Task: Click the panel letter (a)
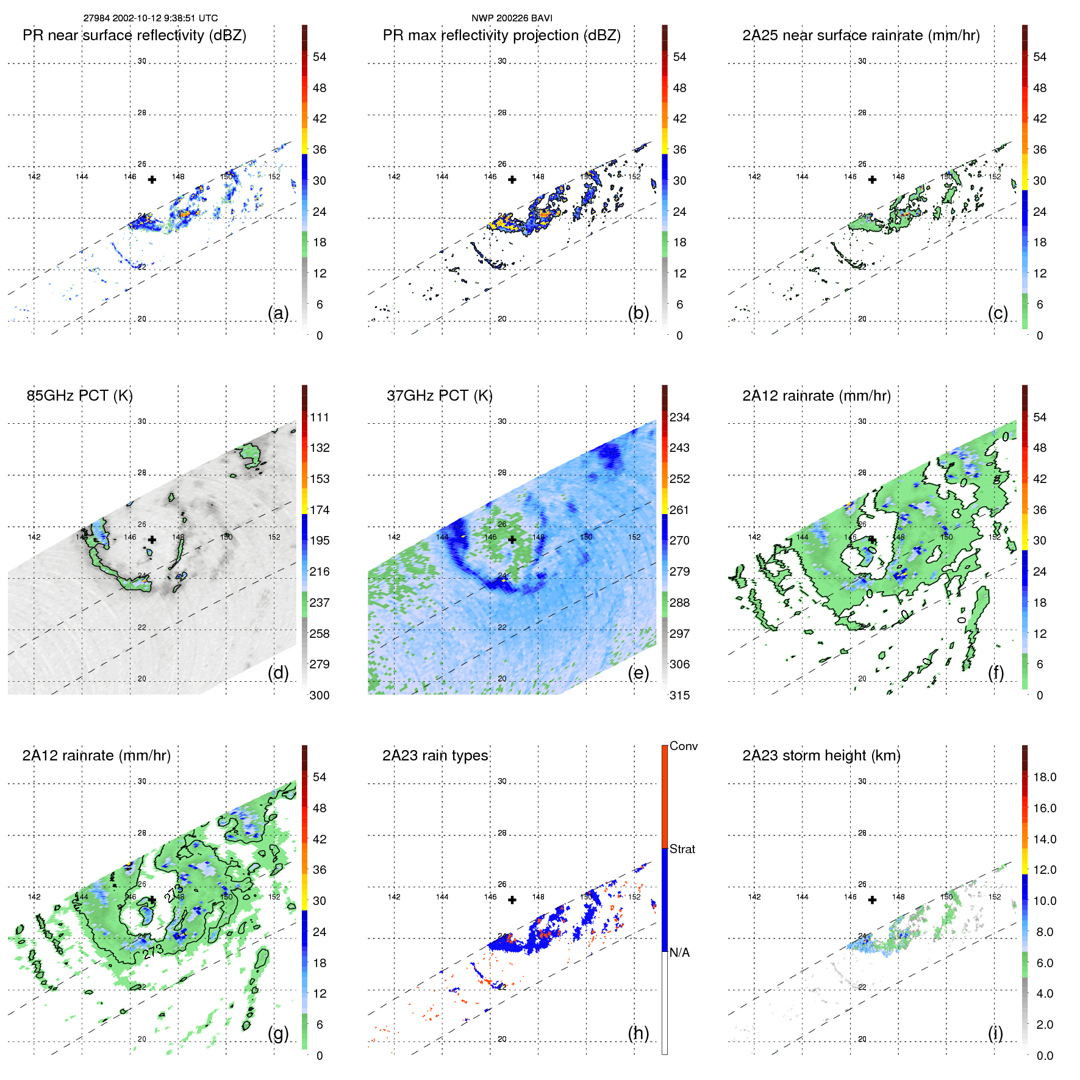[278, 313]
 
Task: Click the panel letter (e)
[638, 673]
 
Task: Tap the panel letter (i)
[995, 1033]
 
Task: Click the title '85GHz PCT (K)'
[79, 395]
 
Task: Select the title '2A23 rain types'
[435, 756]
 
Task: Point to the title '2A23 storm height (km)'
[821, 756]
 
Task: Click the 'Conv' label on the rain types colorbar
[684, 746]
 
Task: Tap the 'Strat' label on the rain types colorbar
[682, 849]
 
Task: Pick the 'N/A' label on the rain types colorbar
[679, 953]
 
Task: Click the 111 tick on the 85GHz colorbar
[320, 417]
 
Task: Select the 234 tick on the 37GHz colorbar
[679, 417]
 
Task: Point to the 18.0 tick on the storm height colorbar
[1045, 777]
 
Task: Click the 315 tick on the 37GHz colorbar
[679, 695]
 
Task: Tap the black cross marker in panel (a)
[152, 180]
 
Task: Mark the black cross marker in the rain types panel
[512, 900]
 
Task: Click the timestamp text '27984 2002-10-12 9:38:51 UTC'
[150, 18]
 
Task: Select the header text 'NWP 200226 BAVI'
[512, 18]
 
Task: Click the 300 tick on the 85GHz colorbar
[320, 695]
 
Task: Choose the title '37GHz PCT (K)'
[439, 395]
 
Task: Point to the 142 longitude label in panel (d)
[34, 537]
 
